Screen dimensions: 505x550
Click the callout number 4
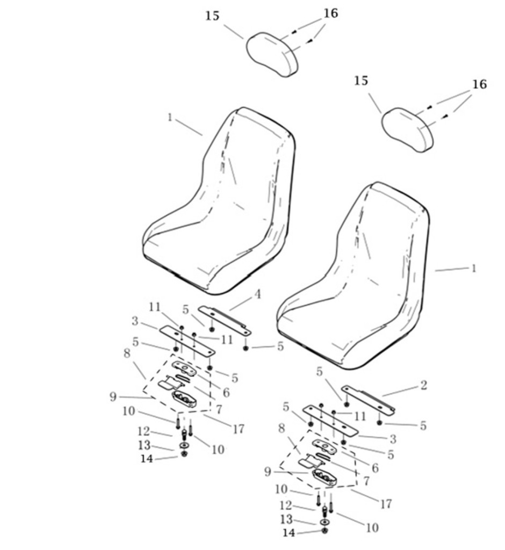[257, 294]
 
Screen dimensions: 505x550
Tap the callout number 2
[423, 385]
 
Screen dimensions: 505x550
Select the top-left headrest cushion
[272, 54]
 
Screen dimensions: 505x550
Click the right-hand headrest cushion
[407, 129]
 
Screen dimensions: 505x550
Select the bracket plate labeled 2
[369, 398]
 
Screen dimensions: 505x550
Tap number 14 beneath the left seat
[147, 459]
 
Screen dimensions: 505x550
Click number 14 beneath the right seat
[289, 533]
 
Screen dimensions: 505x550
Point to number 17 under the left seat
[239, 429]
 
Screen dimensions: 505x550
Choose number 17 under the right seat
[386, 504]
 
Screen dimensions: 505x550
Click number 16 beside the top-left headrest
[330, 13]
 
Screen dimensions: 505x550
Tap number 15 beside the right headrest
[361, 81]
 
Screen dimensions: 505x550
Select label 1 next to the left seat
[170, 117]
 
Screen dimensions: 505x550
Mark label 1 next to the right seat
[473, 269]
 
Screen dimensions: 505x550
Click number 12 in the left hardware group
[144, 431]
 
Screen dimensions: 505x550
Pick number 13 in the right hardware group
[286, 519]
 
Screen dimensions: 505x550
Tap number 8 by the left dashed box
[127, 353]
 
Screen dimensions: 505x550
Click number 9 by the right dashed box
[268, 472]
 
